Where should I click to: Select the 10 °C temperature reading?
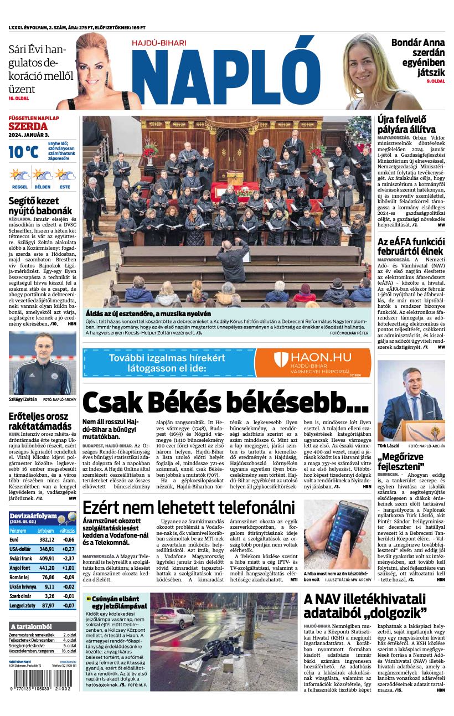coord(23,151)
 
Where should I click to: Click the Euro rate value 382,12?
coord(47,539)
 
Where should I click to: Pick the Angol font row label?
coord(20,568)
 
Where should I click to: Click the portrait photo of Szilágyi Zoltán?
coord(42,363)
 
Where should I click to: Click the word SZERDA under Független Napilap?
coord(28,126)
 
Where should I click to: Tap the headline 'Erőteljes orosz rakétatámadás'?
coord(40,421)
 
